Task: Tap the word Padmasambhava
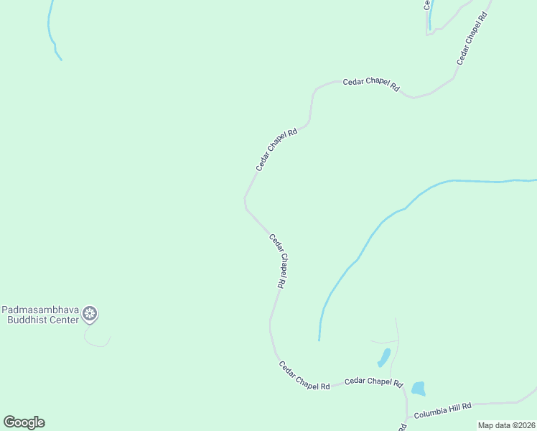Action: point(39,310)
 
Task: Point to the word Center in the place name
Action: point(62,320)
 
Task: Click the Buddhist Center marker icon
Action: point(90,313)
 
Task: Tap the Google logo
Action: point(24,422)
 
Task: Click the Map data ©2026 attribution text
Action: point(506,425)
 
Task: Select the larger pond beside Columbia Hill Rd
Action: point(417,389)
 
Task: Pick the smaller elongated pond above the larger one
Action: point(384,357)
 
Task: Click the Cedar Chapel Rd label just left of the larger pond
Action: point(373,381)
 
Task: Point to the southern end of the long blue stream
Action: point(319,338)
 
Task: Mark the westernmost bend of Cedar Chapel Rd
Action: point(245,200)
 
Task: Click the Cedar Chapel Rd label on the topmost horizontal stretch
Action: point(370,84)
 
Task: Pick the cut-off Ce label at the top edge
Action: point(426,4)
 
